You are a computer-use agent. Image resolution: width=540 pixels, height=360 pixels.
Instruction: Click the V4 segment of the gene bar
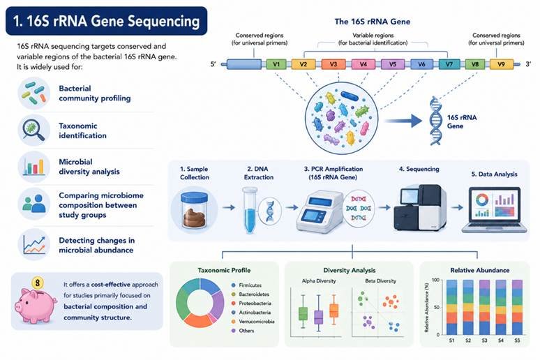point(363,64)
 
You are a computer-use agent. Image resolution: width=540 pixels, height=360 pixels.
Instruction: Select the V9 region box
point(501,64)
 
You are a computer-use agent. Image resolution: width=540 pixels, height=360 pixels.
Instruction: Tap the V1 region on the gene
point(276,64)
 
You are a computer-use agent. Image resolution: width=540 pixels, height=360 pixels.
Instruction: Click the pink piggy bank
point(36,305)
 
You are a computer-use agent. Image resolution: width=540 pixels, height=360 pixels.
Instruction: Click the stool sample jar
point(194,210)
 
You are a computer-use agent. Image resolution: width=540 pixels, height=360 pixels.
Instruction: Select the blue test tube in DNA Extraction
point(249,210)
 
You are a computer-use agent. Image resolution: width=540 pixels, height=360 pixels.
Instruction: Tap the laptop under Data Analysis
point(495,210)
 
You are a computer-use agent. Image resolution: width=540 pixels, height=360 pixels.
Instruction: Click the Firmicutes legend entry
point(246,285)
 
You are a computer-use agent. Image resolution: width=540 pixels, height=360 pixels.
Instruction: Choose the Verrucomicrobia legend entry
point(253,322)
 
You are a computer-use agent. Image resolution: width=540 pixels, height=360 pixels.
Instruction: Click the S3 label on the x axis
point(484,340)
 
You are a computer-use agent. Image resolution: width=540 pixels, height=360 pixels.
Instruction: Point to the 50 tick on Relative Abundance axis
point(436,307)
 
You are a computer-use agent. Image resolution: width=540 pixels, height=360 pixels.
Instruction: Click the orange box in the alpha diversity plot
point(333,310)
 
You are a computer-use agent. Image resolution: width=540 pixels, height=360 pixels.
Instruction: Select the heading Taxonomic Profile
point(224,271)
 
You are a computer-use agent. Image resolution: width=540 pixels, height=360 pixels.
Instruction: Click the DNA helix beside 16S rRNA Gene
point(435,121)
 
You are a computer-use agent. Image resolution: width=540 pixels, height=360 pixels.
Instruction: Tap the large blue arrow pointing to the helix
point(403,121)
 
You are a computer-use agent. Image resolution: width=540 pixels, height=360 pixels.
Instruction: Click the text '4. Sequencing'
point(419,169)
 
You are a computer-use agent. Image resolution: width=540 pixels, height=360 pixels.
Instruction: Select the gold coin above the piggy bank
point(37,283)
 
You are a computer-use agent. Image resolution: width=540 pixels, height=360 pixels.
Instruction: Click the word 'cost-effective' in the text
point(110,285)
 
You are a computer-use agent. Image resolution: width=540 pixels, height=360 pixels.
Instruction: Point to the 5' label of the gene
point(213,64)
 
